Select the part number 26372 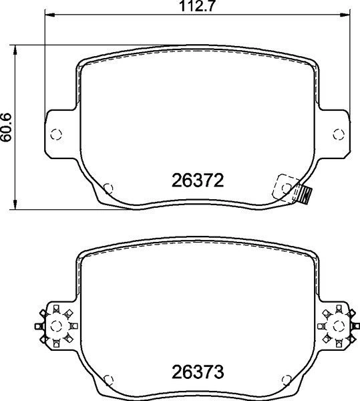click(196, 180)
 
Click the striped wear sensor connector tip click(306, 194)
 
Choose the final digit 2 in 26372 click(216, 180)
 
